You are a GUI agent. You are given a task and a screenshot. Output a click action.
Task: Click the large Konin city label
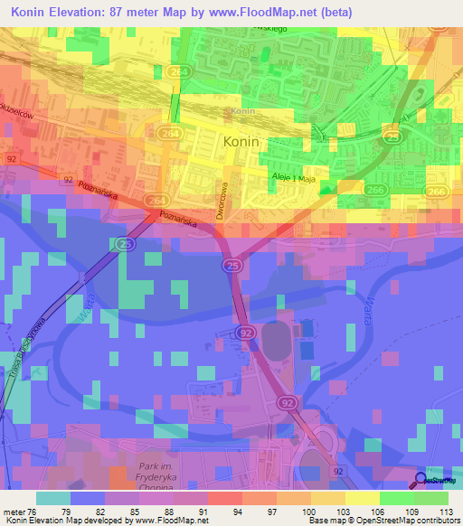coord(241,142)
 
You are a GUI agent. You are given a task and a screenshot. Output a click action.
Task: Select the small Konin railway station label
coord(241,112)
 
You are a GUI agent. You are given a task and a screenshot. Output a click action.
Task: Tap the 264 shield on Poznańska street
coord(156,199)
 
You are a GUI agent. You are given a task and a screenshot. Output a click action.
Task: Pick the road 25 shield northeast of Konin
coord(392,136)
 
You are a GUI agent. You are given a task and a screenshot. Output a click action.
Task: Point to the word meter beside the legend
coord(14,512)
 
